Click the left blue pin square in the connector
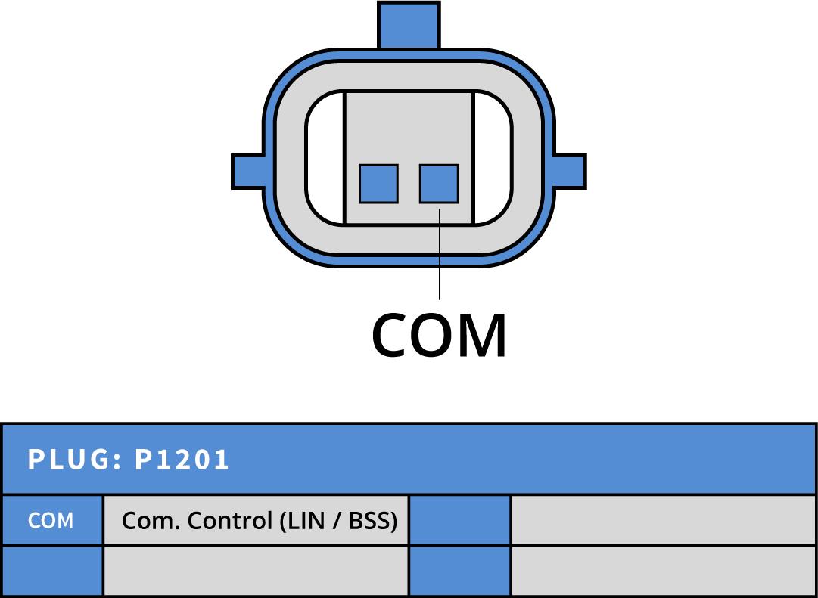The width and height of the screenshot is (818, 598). click(378, 184)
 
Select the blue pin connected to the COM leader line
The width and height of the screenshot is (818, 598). click(439, 184)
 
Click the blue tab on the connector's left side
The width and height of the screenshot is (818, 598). click(247, 172)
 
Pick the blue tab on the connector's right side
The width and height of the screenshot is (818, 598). click(570, 172)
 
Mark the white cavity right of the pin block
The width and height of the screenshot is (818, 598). click(493, 159)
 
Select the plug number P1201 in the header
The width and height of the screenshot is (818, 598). click(182, 460)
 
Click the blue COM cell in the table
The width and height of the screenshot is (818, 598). click(51, 520)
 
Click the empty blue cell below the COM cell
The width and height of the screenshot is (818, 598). click(51, 571)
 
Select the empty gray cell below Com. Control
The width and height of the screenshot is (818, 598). click(256, 571)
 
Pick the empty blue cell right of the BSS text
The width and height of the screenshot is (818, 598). click(459, 520)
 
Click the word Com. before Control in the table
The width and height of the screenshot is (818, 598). click(151, 521)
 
